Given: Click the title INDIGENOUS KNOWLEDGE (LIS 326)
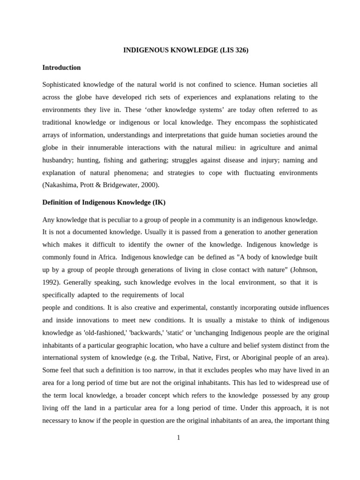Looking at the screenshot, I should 186,50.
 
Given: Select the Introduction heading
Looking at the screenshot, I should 61,67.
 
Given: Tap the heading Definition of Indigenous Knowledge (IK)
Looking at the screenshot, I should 104,202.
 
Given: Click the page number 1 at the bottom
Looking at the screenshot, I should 179,438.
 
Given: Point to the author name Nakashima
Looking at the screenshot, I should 60,185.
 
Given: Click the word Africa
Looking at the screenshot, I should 106,257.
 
